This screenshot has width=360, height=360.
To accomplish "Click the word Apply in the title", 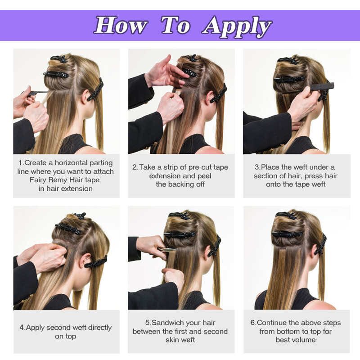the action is pyautogui.click(x=237, y=26).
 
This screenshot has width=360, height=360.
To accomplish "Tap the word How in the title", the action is pyautogui.click(x=120, y=25).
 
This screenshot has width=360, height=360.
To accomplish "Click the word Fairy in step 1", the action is pyautogui.click(x=38, y=180).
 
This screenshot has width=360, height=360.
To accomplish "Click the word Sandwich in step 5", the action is pyautogui.click(x=165, y=323).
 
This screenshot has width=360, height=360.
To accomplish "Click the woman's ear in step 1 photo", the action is pyautogui.click(x=86, y=96).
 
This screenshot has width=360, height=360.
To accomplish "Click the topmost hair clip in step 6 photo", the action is pyautogui.click(x=287, y=215).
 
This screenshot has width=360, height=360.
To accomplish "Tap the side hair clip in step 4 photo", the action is pyautogui.click(x=96, y=262).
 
